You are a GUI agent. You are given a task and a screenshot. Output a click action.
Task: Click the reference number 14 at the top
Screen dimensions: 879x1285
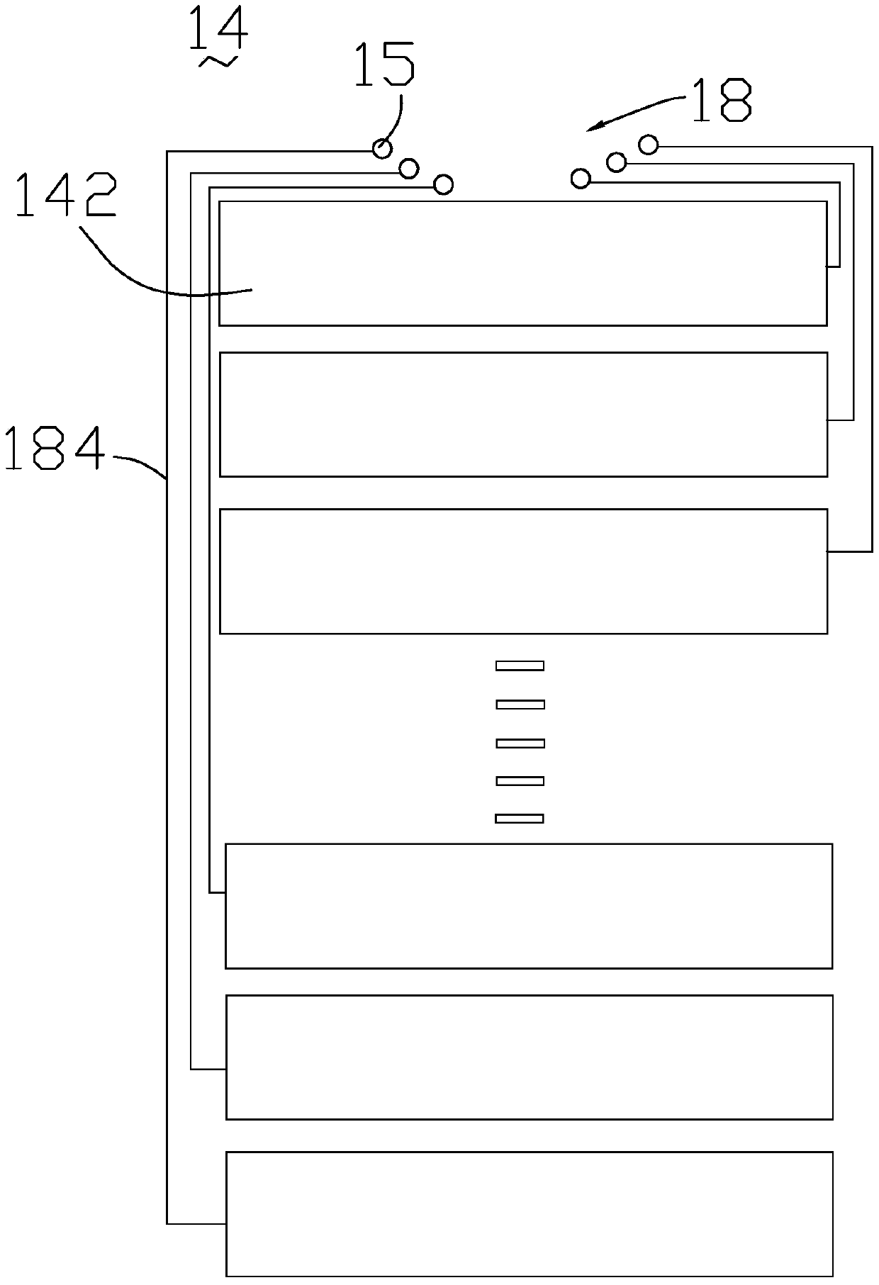click(x=218, y=29)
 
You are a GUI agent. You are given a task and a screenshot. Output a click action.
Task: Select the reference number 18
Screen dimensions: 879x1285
click(x=721, y=101)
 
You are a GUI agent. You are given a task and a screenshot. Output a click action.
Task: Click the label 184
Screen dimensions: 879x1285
click(x=54, y=448)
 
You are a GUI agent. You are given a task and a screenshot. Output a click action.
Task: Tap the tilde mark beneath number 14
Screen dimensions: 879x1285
click(x=218, y=62)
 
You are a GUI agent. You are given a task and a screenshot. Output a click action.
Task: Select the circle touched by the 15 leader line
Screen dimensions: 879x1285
click(x=382, y=149)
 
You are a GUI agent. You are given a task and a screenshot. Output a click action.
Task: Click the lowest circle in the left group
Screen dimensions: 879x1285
click(x=443, y=185)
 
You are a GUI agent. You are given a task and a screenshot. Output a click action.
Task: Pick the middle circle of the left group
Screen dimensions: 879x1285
click(x=409, y=169)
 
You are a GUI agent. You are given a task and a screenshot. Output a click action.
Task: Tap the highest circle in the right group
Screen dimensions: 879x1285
click(x=648, y=145)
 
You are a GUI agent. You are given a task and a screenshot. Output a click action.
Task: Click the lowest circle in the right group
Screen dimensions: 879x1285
click(x=581, y=179)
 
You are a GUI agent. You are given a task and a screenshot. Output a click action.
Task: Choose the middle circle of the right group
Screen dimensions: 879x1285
click(x=617, y=162)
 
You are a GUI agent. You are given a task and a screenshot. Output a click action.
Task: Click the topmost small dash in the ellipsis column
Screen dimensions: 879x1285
click(x=520, y=666)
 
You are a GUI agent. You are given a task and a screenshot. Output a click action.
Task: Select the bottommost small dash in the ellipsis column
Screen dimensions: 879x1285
click(x=520, y=819)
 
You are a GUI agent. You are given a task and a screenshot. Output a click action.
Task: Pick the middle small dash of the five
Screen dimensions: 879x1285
click(x=520, y=743)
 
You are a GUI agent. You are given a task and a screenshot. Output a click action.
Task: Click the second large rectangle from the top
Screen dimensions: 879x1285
click(x=523, y=415)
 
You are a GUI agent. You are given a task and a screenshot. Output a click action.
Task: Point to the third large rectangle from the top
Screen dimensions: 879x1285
click(x=523, y=571)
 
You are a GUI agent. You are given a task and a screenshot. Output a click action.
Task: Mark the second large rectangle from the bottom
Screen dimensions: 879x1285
click(x=529, y=1057)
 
